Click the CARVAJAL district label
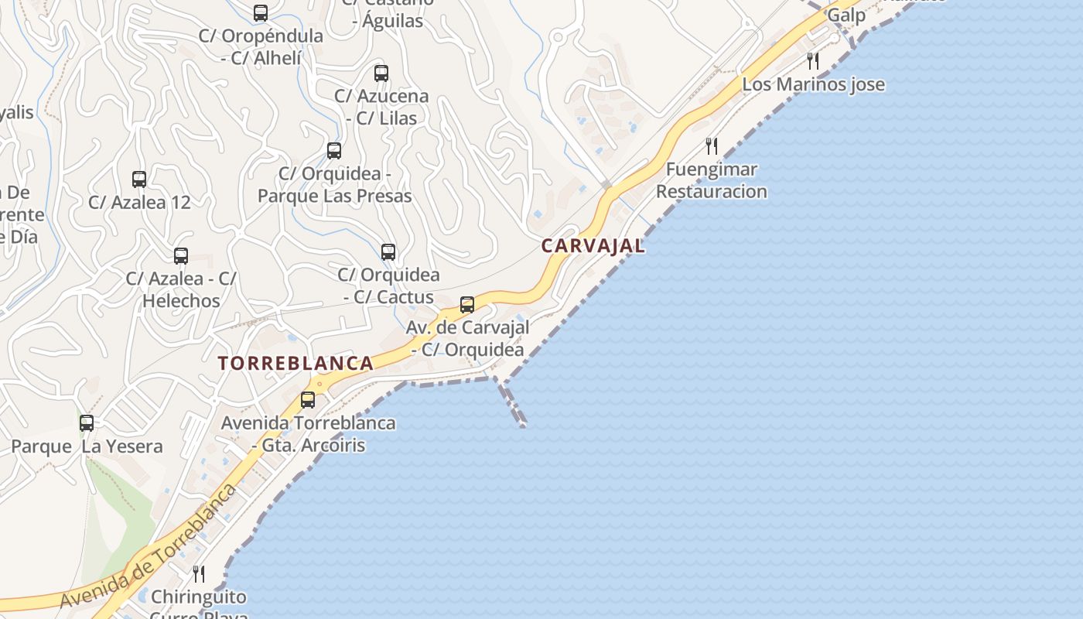[x=593, y=246]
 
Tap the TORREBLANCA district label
[x=296, y=363]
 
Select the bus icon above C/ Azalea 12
[x=139, y=180]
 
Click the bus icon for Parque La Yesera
[x=87, y=423]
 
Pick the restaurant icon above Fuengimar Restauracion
[x=712, y=145]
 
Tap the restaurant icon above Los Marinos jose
[x=813, y=60]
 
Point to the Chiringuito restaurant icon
[x=199, y=573]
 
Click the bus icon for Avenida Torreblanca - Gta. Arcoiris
[x=308, y=400]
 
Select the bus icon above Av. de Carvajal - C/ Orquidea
[x=467, y=305]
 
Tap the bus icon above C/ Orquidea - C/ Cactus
[x=388, y=252]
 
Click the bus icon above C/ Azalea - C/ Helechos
[x=181, y=256]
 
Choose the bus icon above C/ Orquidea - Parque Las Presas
[x=334, y=151]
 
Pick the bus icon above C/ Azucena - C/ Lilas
[x=381, y=74]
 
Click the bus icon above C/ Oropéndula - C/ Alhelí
[x=261, y=13]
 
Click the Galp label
[x=846, y=15]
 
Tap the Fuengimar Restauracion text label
[x=712, y=180]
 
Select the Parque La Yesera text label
[x=87, y=446]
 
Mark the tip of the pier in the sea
[x=524, y=425]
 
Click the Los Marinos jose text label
[x=813, y=84]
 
